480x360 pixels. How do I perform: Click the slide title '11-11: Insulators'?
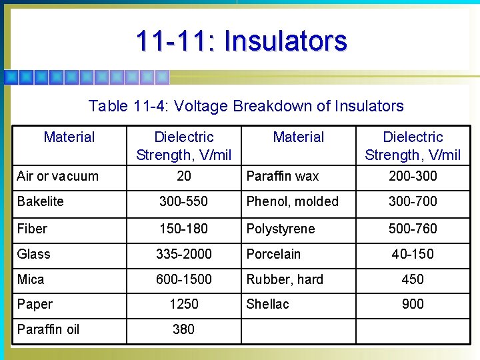click(241, 41)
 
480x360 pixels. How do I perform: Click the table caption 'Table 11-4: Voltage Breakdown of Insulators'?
click(246, 106)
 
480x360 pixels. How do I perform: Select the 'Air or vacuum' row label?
click(57, 176)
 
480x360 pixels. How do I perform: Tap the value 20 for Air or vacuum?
click(183, 176)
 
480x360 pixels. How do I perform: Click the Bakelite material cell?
click(40, 201)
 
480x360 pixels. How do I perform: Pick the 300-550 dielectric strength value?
click(183, 201)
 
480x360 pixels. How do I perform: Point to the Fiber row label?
click(32, 229)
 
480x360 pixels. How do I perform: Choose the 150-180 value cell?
click(183, 229)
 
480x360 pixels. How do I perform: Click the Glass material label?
click(33, 254)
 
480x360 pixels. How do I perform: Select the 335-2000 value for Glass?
click(183, 254)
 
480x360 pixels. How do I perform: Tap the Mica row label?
click(31, 279)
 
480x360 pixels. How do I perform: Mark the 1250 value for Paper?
click(183, 304)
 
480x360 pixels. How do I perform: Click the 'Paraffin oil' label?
click(48, 329)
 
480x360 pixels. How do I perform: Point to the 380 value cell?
click(183, 329)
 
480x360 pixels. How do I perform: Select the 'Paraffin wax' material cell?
click(283, 176)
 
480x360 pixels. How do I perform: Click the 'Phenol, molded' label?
click(292, 201)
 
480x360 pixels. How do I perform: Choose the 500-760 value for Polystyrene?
click(413, 229)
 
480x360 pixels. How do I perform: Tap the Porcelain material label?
click(273, 254)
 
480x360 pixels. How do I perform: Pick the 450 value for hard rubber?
click(413, 279)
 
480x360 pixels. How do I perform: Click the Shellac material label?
click(267, 304)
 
